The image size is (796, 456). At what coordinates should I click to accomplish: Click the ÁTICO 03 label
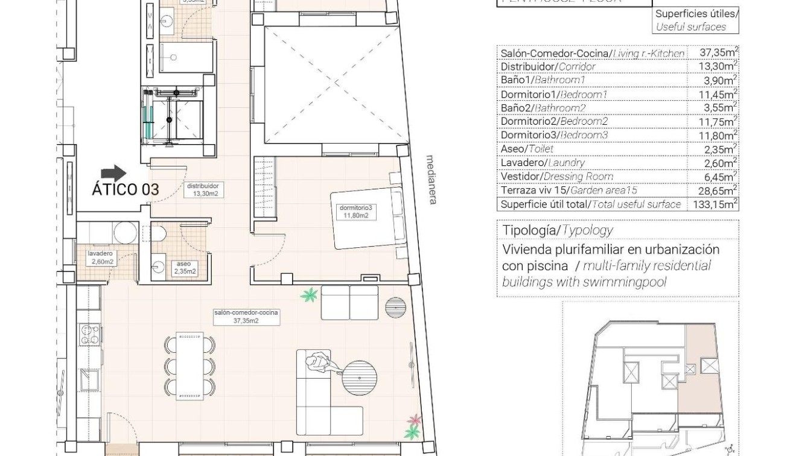tap(125, 189)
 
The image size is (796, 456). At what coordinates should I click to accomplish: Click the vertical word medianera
tap(430, 180)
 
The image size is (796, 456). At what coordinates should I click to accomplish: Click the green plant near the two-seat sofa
tap(310, 295)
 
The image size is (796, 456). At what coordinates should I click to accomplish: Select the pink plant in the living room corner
tap(415, 419)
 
